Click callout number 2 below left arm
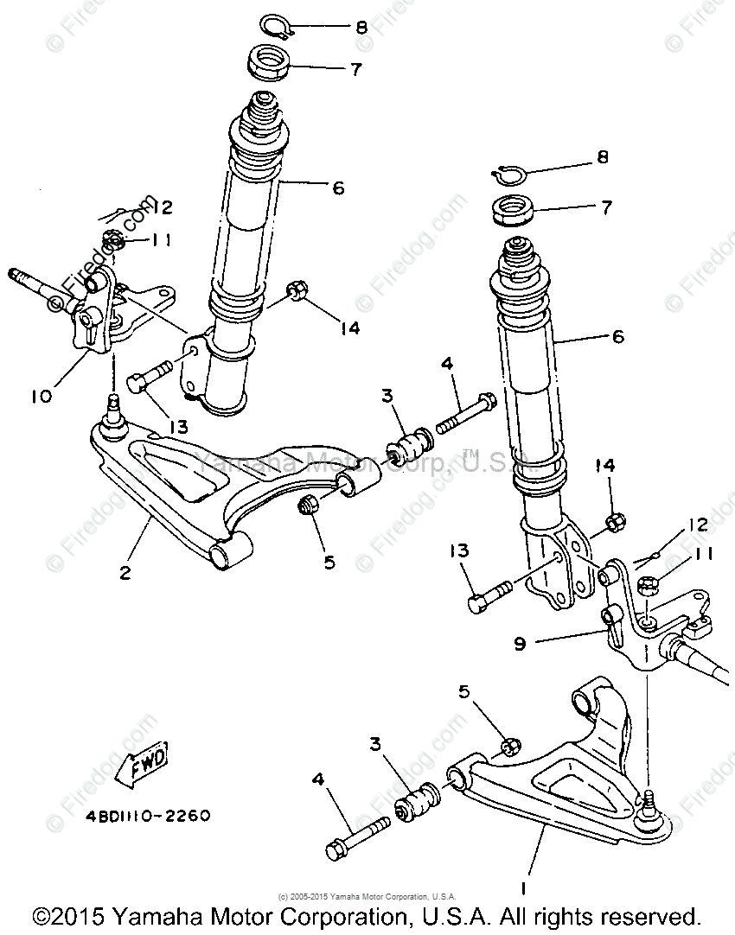(126, 572)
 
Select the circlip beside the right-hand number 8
(509, 173)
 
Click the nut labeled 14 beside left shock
(294, 291)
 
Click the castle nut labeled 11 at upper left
(110, 239)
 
